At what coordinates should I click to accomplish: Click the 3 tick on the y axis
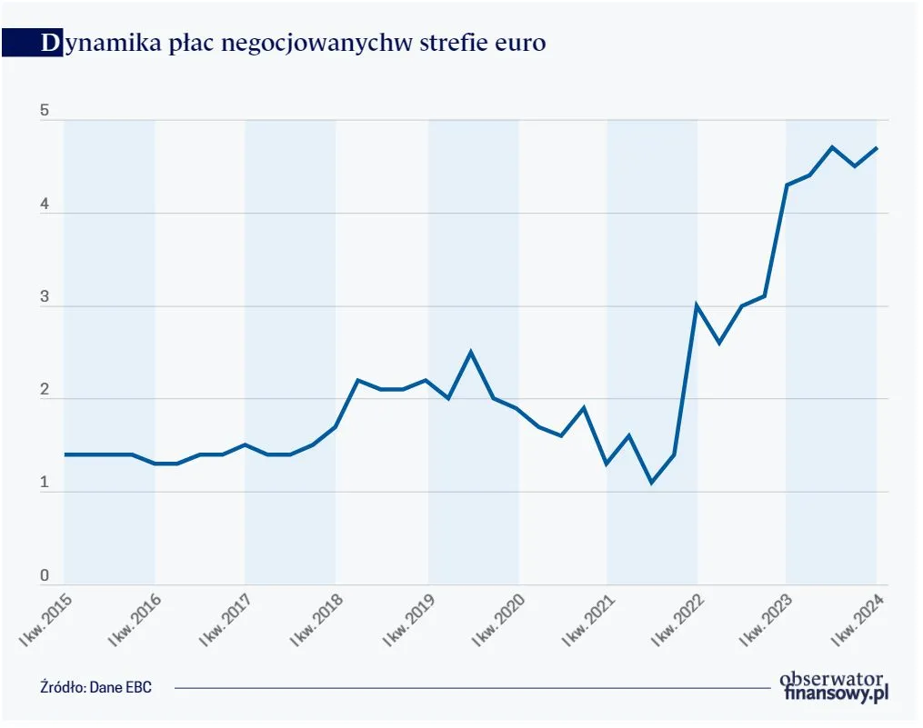[44, 298]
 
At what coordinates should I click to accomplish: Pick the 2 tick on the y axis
[44, 391]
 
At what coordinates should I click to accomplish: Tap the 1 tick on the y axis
[44, 484]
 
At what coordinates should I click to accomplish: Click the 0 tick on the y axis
[44, 576]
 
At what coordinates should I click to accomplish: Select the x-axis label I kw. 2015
[45, 620]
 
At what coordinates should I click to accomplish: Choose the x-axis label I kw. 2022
[678, 620]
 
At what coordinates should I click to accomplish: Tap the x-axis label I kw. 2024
[858, 620]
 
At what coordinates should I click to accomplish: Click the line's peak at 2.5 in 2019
[470, 352]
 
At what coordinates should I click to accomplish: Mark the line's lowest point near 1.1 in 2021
[651, 482]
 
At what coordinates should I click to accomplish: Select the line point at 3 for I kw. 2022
[697, 305]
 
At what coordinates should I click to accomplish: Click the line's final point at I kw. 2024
[877, 148]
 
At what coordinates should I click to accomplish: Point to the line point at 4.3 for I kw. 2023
[787, 184]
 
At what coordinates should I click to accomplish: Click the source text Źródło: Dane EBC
[96, 687]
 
